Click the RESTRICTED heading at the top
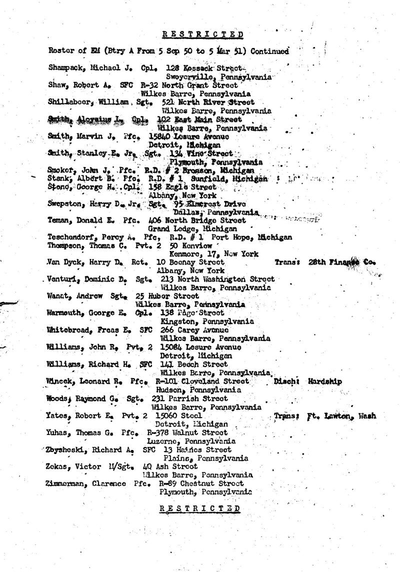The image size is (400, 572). tap(203, 34)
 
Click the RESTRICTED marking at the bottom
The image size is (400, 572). tap(199, 507)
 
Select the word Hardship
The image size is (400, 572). tap(324, 381)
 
